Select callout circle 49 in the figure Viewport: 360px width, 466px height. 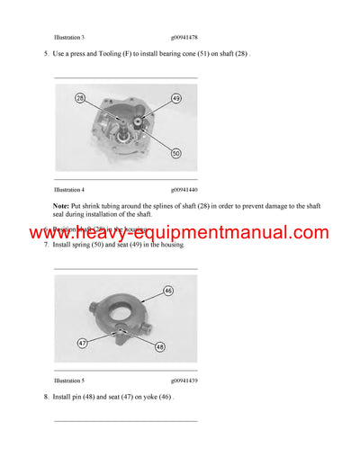[175, 97]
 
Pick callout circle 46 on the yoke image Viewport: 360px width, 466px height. [167, 291]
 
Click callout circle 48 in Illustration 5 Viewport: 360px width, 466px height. [160, 347]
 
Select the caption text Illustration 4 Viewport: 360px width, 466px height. [69, 190]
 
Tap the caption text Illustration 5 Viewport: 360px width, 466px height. [69, 381]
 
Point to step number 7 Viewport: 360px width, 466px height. [46, 245]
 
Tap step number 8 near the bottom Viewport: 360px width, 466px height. [46, 397]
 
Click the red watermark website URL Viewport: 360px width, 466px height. [179, 232]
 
